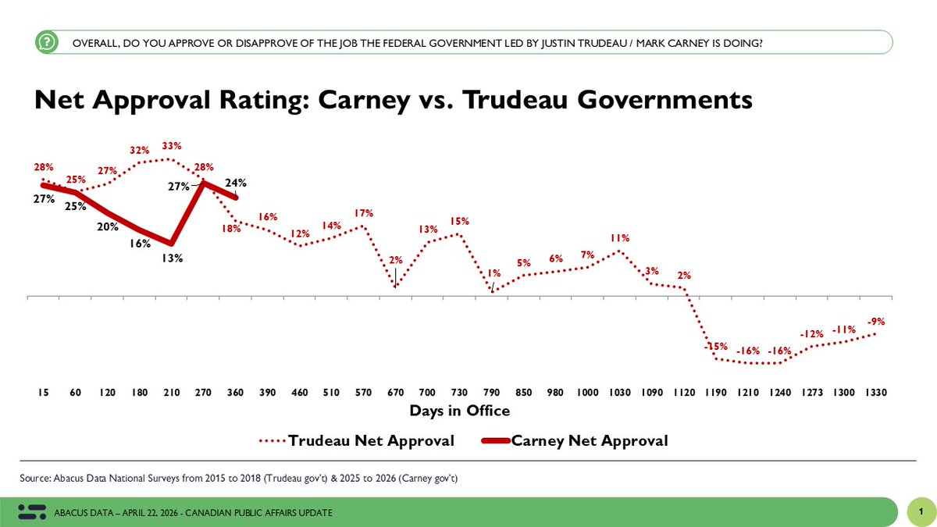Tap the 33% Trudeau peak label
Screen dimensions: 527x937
(x=172, y=145)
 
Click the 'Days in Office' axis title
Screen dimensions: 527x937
(x=459, y=411)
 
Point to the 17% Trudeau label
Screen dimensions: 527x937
(x=364, y=213)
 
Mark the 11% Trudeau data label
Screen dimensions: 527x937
(x=619, y=238)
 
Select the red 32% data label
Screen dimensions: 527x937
(x=140, y=150)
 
